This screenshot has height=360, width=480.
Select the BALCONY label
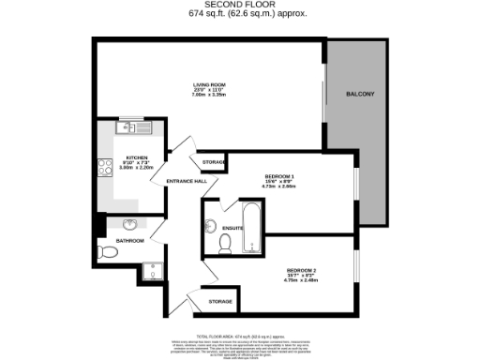click(x=360, y=95)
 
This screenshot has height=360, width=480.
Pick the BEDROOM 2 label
click(x=301, y=271)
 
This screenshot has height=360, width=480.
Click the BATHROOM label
click(x=129, y=241)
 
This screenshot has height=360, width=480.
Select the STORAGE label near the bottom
click(x=220, y=301)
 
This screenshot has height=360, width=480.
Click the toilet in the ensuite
click(x=224, y=243)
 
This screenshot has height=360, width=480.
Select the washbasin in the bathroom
click(x=129, y=224)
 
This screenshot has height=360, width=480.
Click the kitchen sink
click(x=127, y=128)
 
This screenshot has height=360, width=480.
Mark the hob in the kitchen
click(x=102, y=167)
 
